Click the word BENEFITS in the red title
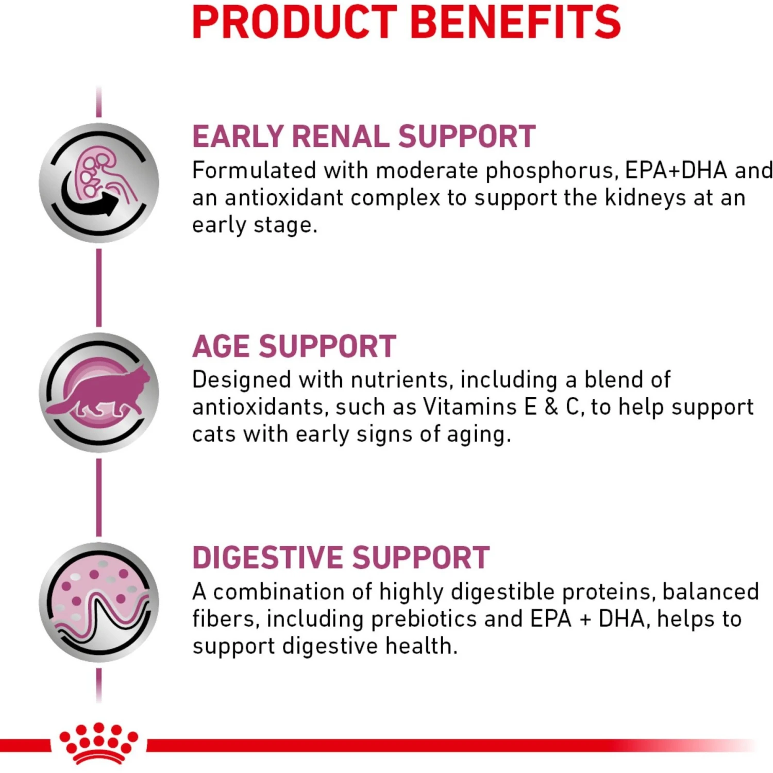tap(515, 22)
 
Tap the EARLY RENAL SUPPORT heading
tap(364, 137)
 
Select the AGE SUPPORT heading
tap(294, 346)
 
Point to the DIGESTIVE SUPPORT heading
tap(341, 558)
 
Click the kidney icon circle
tap(99, 183)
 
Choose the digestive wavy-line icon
tap(99, 602)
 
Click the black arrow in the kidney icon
tap(90, 201)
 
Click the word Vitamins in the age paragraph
tap(469, 407)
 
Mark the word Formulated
tap(254, 171)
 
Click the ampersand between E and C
tap(551, 407)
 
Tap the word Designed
tap(242, 380)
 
